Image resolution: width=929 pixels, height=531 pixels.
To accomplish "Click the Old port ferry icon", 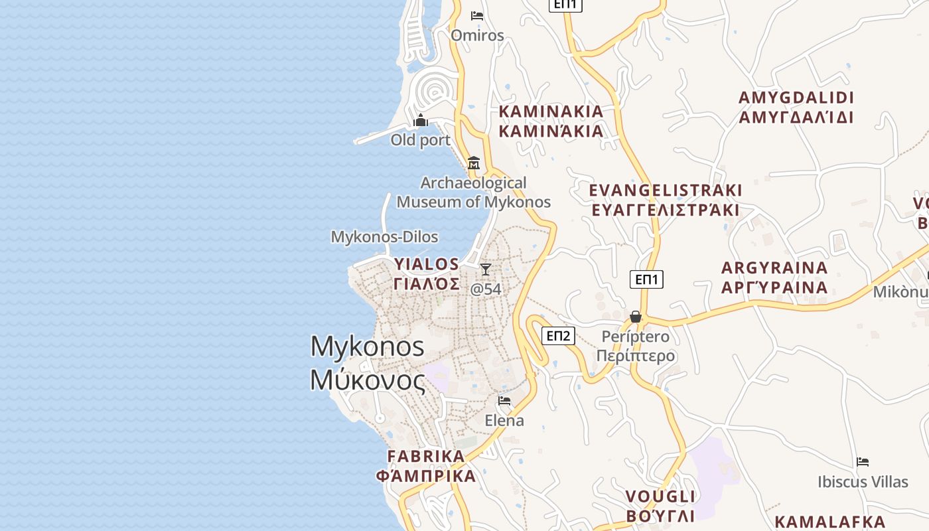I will click(x=420, y=121).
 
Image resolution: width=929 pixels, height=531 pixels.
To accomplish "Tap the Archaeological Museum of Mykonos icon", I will click(x=474, y=163).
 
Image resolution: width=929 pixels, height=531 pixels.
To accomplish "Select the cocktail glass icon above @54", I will click(x=486, y=269).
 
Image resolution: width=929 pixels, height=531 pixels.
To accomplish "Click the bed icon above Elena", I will click(x=504, y=401).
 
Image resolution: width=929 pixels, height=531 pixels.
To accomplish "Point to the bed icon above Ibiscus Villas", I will click(x=863, y=462).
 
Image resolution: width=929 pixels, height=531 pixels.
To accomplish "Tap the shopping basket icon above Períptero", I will click(x=636, y=317).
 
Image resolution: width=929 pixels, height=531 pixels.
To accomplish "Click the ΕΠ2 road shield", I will click(x=558, y=336).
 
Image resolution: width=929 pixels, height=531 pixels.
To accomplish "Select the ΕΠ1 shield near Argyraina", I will click(x=646, y=279).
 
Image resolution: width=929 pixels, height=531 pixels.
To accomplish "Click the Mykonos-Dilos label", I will click(x=384, y=237).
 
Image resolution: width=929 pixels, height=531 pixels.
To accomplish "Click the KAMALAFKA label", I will click(x=829, y=521).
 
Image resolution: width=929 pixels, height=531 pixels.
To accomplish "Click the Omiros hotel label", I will click(x=477, y=35).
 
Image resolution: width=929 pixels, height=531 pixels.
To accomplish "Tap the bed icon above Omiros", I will click(x=476, y=16).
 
